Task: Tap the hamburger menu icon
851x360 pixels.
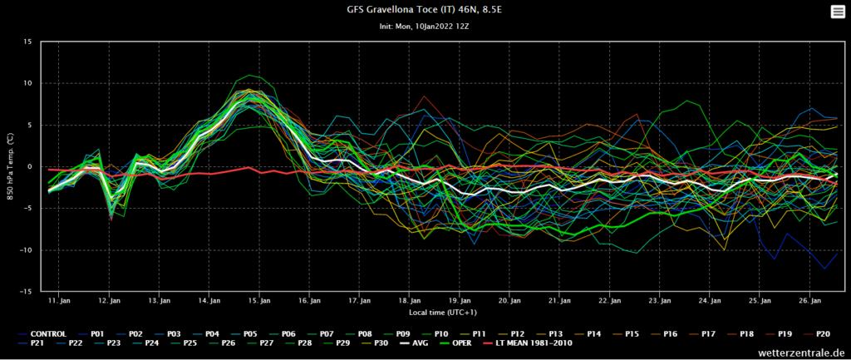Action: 837,11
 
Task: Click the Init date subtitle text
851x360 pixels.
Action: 425,27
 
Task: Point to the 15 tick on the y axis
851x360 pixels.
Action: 27,42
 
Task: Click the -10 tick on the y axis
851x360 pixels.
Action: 26,250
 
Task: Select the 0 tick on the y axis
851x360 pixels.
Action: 29,167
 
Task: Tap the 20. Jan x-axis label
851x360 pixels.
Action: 510,300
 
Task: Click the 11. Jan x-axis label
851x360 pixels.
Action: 59,300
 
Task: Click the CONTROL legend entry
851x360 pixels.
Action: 47,333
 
